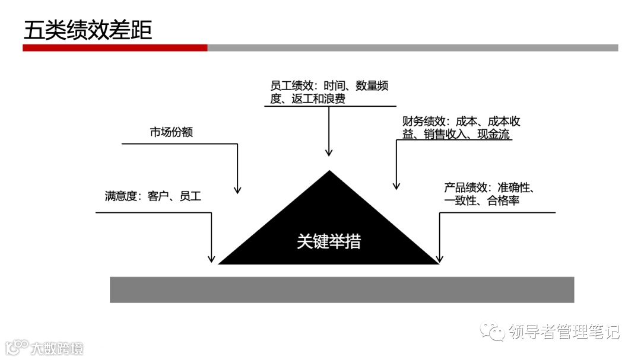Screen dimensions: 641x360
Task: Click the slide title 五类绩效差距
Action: [x=87, y=30]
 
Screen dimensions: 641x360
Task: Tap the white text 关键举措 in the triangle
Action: [x=328, y=242]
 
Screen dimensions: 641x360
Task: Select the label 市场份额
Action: [x=171, y=132]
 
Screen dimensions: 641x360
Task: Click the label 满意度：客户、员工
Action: [x=153, y=196]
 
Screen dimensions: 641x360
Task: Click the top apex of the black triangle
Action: [x=329, y=172]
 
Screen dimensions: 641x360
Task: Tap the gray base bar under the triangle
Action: [x=341, y=289]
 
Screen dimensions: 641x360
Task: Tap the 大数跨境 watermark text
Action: [x=57, y=348]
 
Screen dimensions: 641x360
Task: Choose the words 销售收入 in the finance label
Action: [x=445, y=135]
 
